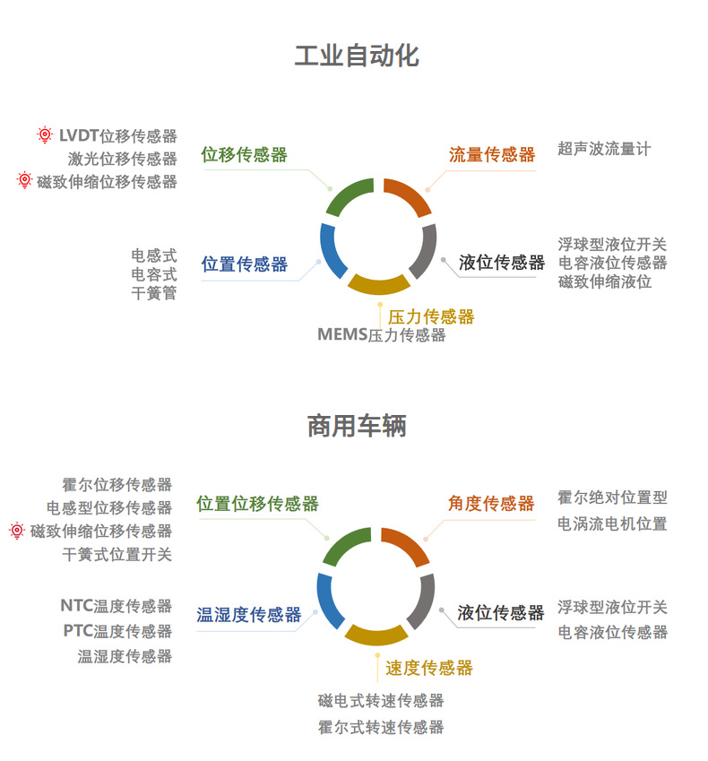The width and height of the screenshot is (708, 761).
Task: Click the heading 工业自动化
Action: tap(357, 56)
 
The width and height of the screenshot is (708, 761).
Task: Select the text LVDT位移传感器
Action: tap(117, 136)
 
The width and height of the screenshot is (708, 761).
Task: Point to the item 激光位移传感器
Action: tap(123, 159)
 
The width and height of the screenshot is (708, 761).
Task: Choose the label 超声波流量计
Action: tap(604, 149)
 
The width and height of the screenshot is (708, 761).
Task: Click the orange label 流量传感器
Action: tap(492, 155)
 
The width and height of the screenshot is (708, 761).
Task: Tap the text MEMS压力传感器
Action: tap(381, 335)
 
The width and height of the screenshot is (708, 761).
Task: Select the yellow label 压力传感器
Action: tap(431, 316)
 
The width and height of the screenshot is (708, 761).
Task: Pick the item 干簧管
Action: tap(154, 293)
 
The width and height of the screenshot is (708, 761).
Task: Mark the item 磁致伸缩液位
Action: tap(605, 281)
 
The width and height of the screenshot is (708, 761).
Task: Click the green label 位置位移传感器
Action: tap(258, 504)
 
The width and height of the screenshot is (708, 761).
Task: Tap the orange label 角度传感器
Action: tap(491, 504)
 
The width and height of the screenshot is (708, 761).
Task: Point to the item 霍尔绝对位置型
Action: tap(612, 497)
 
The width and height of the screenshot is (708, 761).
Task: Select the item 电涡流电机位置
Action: tap(612, 523)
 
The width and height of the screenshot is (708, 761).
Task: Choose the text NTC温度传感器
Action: tap(117, 606)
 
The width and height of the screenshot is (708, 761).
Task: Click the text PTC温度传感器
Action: tap(117, 631)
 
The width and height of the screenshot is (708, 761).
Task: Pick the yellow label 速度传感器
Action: tap(429, 668)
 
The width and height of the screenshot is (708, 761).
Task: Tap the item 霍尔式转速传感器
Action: tap(381, 727)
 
